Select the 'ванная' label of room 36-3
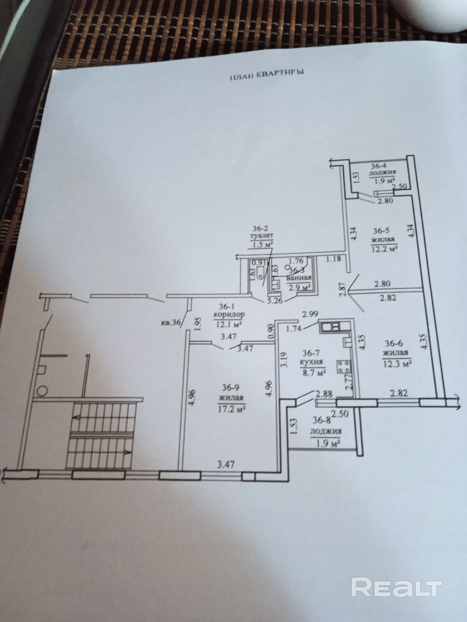coord(298,278)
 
